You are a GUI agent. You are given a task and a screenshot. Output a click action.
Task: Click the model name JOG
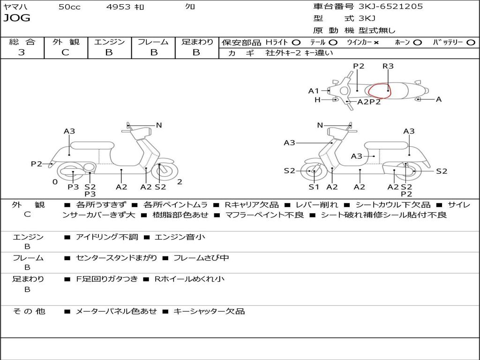coord(17,18)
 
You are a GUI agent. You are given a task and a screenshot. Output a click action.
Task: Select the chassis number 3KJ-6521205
coord(390,7)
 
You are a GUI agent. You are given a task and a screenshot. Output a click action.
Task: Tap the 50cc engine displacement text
coord(69,7)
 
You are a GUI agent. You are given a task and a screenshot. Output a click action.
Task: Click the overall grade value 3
coord(22,52)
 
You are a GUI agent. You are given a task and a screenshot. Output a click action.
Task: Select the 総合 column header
coord(22,42)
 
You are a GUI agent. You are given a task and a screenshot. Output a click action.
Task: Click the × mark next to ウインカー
coord(376,42)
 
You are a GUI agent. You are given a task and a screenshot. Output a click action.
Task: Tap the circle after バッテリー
coord(471,42)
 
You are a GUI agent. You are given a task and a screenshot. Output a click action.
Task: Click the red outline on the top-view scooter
coord(379,90)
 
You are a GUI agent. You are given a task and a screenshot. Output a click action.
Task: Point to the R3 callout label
coord(388,66)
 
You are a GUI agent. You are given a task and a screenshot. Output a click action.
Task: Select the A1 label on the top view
coord(314,91)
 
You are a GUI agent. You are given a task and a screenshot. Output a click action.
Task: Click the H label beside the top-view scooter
coord(317,100)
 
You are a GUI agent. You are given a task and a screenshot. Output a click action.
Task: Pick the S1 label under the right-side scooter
coord(314,187)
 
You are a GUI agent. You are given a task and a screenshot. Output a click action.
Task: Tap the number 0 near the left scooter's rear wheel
coord(55,182)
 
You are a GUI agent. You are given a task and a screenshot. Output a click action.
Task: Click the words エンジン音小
coord(180,237)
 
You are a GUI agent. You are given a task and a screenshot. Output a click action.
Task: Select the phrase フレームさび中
coord(201,258)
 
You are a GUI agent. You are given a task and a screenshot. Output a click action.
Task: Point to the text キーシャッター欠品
coord(209,311)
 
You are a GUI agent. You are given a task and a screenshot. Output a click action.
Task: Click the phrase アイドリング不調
coord(107,237)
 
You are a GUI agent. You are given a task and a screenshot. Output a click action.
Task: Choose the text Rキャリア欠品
coord(252,205)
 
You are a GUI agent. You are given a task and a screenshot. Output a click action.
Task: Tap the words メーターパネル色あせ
coord(116,311)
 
